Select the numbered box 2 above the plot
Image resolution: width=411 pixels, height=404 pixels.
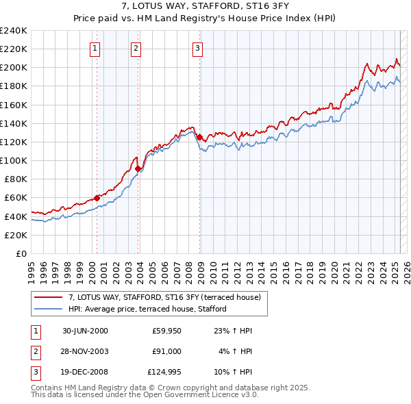pos(136,48)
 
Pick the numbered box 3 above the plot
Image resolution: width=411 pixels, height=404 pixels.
pos(197,48)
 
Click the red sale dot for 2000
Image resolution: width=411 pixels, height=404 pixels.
pos(97,198)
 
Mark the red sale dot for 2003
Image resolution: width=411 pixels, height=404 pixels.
pos(138,168)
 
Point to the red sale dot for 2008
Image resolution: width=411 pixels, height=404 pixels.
pos(199,137)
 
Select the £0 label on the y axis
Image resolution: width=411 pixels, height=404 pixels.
pos(20,253)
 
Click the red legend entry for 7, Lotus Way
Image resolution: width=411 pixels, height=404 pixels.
pos(164,297)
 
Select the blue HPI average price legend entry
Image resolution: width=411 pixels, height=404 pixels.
pos(147,310)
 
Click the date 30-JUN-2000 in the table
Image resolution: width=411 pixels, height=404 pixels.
pos(85,331)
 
